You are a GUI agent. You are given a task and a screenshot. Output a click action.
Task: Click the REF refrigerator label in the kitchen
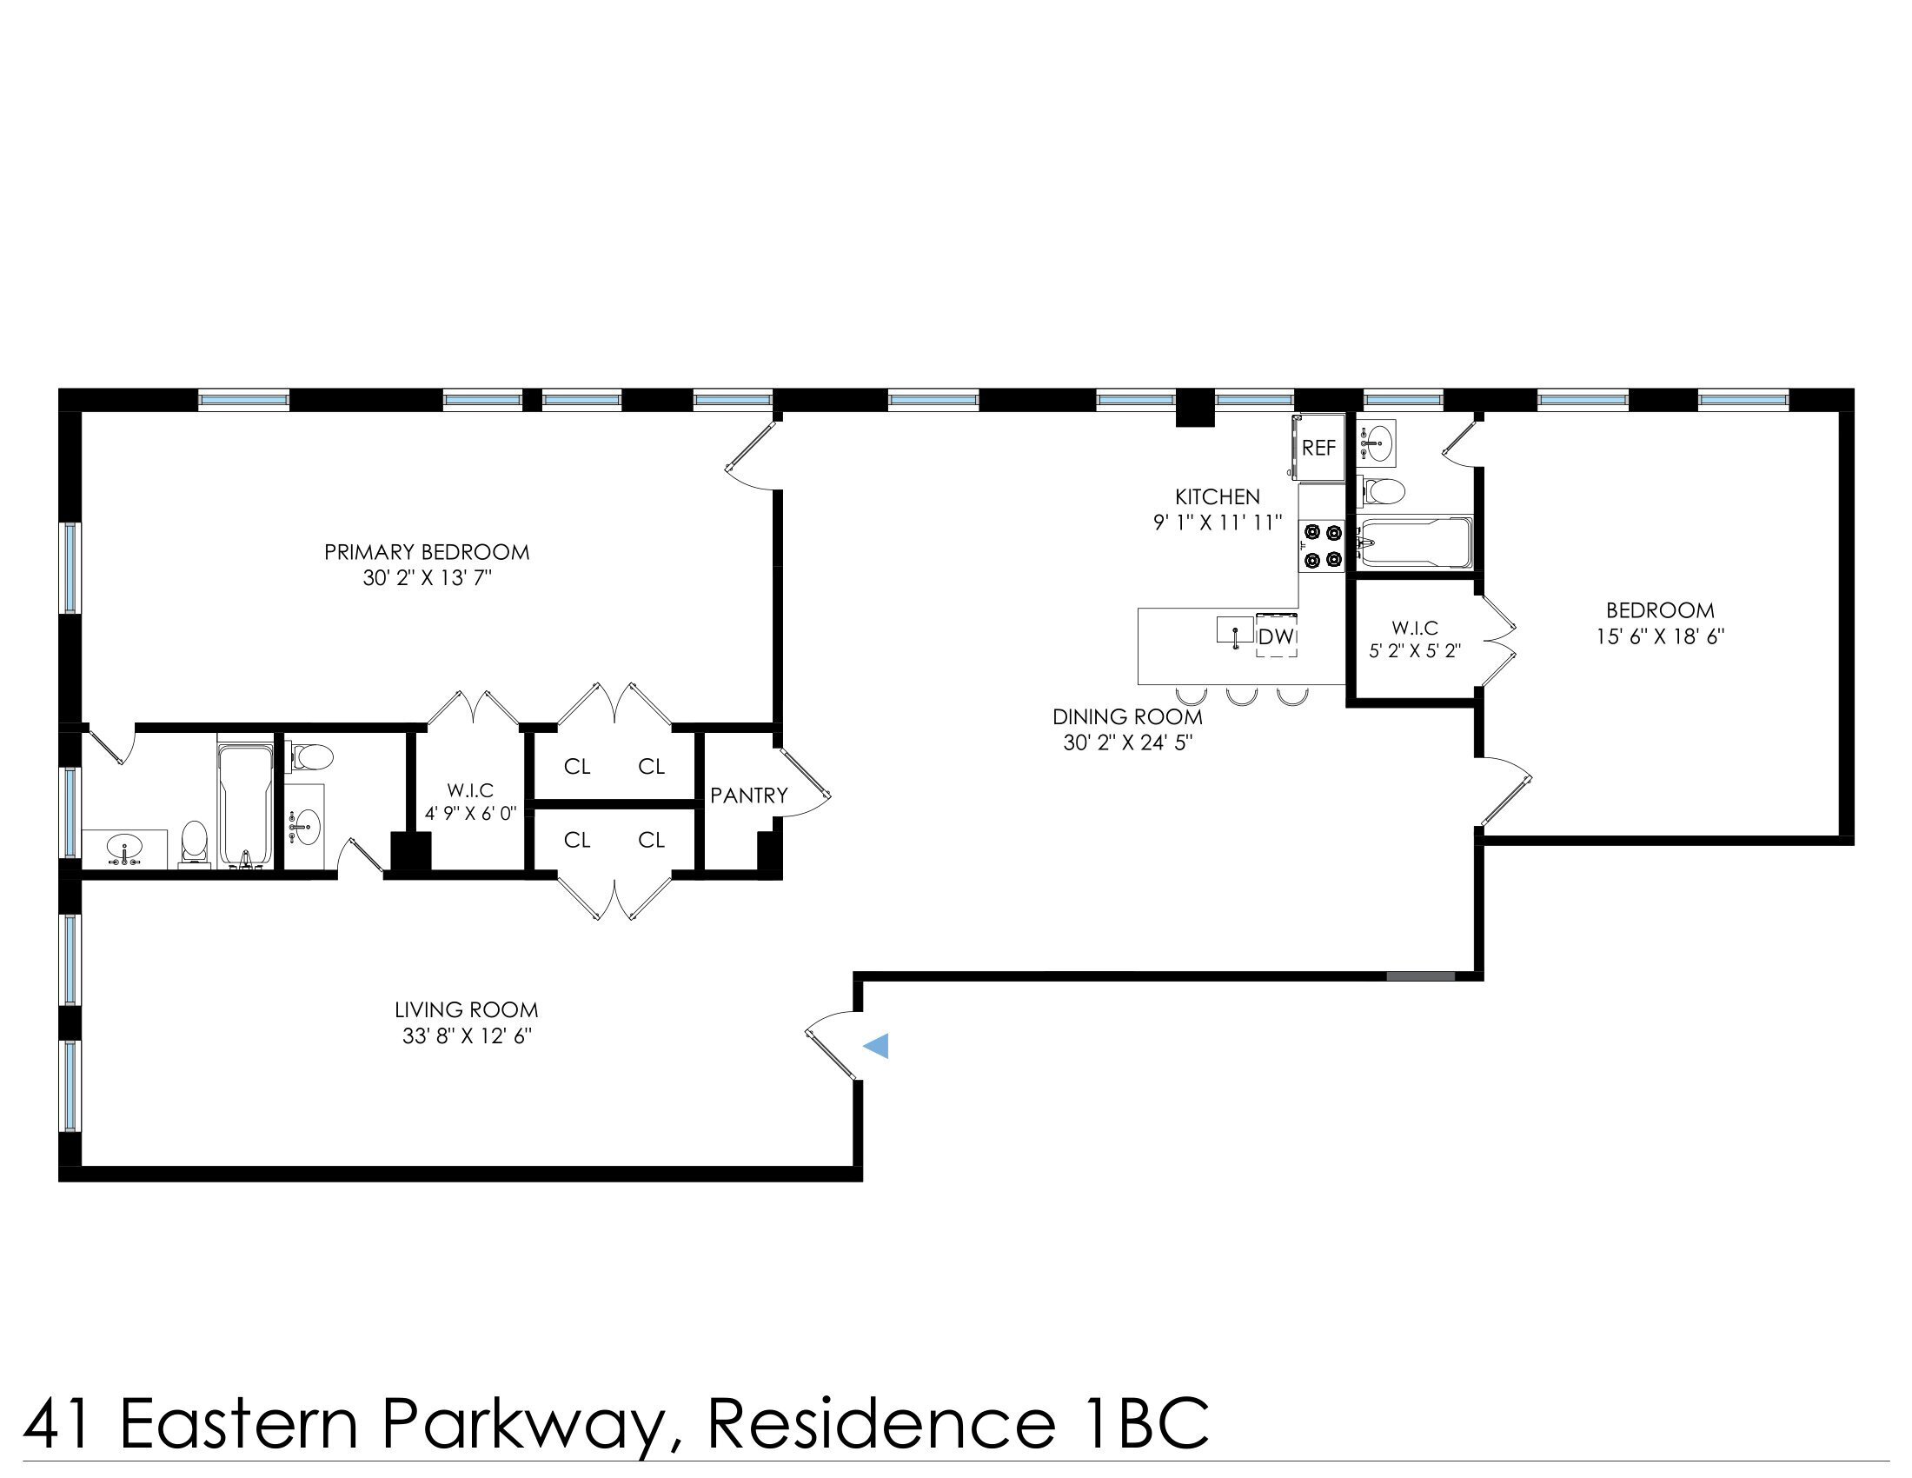pos(1318,449)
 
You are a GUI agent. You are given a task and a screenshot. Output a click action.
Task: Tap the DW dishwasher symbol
pos(1276,636)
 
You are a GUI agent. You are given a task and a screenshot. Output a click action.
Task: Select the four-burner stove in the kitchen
pos(1322,546)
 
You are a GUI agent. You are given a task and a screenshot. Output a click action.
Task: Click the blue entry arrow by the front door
pos(876,1045)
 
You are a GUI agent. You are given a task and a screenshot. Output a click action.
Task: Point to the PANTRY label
pos(748,795)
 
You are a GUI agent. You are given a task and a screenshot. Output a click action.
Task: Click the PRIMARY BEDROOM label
pos(427,552)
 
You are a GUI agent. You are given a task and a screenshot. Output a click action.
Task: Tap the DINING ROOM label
pos(1126,716)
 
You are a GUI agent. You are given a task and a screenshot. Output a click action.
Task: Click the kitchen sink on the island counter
pos(1234,630)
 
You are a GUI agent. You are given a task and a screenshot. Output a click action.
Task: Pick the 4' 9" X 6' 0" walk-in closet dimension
pos(470,814)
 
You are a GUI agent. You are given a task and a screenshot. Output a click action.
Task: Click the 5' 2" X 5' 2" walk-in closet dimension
pos(1415,651)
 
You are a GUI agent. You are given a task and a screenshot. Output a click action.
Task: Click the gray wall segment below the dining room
pos(1421,975)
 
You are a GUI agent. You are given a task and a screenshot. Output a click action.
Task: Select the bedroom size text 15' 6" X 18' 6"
pos(1660,636)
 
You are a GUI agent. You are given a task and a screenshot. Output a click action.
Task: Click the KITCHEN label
pos(1217,497)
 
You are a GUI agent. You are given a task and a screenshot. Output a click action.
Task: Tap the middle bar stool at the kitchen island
pos(1241,696)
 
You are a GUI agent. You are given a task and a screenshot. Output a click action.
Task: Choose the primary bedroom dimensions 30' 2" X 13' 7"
pos(428,579)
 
